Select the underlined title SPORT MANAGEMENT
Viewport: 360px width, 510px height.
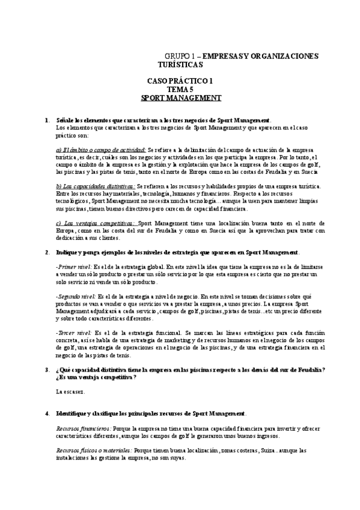(x=181, y=97)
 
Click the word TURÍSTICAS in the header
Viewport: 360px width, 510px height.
(x=180, y=64)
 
